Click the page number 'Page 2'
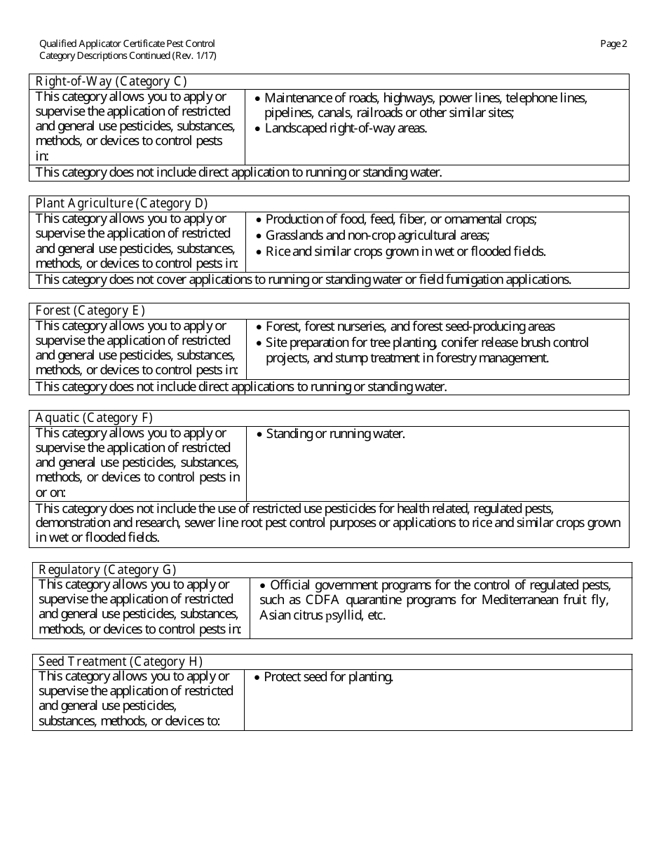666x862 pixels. click(x=613, y=43)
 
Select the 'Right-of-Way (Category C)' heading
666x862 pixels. click(x=111, y=81)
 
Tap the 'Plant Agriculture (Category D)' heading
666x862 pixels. click(x=121, y=203)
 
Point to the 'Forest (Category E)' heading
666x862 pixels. click(x=90, y=310)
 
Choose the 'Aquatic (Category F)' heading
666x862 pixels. click(x=94, y=418)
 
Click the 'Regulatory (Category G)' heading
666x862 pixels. click(x=107, y=570)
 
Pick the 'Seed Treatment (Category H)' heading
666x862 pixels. click(x=120, y=662)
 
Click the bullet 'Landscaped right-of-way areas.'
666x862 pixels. click(x=345, y=128)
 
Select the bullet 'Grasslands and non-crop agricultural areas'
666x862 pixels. click(x=376, y=235)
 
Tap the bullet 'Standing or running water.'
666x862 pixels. click(x=335, y=434)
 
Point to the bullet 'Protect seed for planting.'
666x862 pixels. click(x=328, y=677)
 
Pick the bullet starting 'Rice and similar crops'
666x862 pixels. click(x=405, y=251)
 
